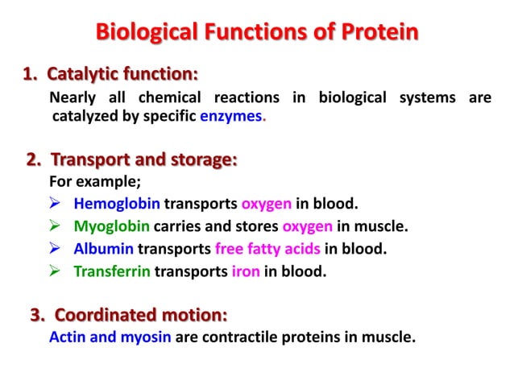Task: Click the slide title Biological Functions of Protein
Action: point(257,33)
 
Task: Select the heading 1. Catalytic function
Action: point(110,76)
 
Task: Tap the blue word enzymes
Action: point(232,117)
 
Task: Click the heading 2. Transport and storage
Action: point(132,159)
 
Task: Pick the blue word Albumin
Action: point(103,249)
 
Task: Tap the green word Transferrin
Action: point(112,271)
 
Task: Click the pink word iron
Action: point(245,271)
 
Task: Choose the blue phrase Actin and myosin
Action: point(110,337)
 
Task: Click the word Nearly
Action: point(73,98)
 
